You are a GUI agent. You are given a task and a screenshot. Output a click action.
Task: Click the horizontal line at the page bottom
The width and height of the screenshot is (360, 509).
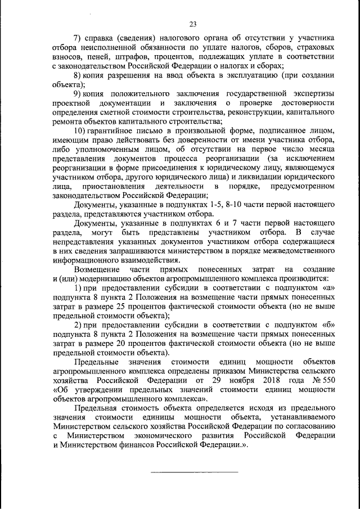(192, 471)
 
